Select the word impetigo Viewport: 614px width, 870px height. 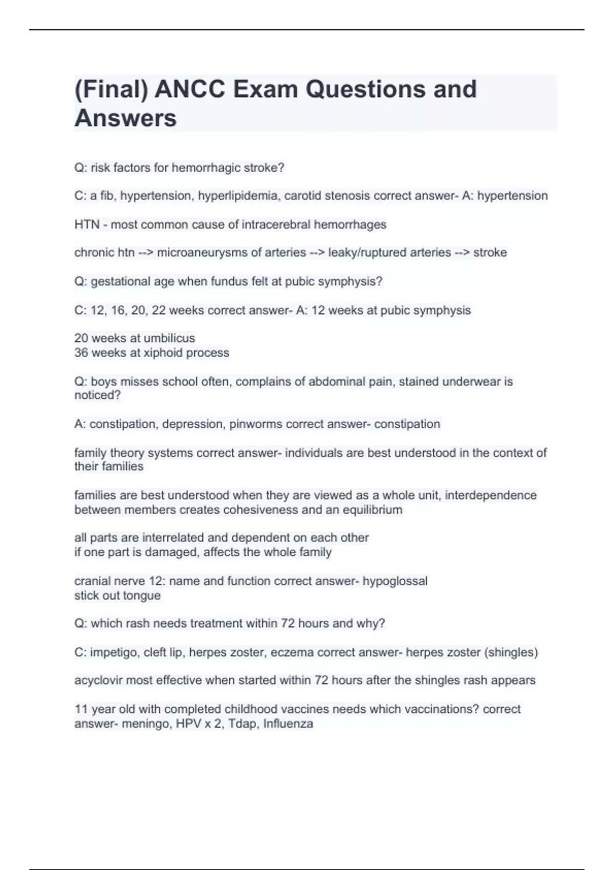pos(114,652)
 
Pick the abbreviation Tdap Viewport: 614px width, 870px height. pos(243,724)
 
